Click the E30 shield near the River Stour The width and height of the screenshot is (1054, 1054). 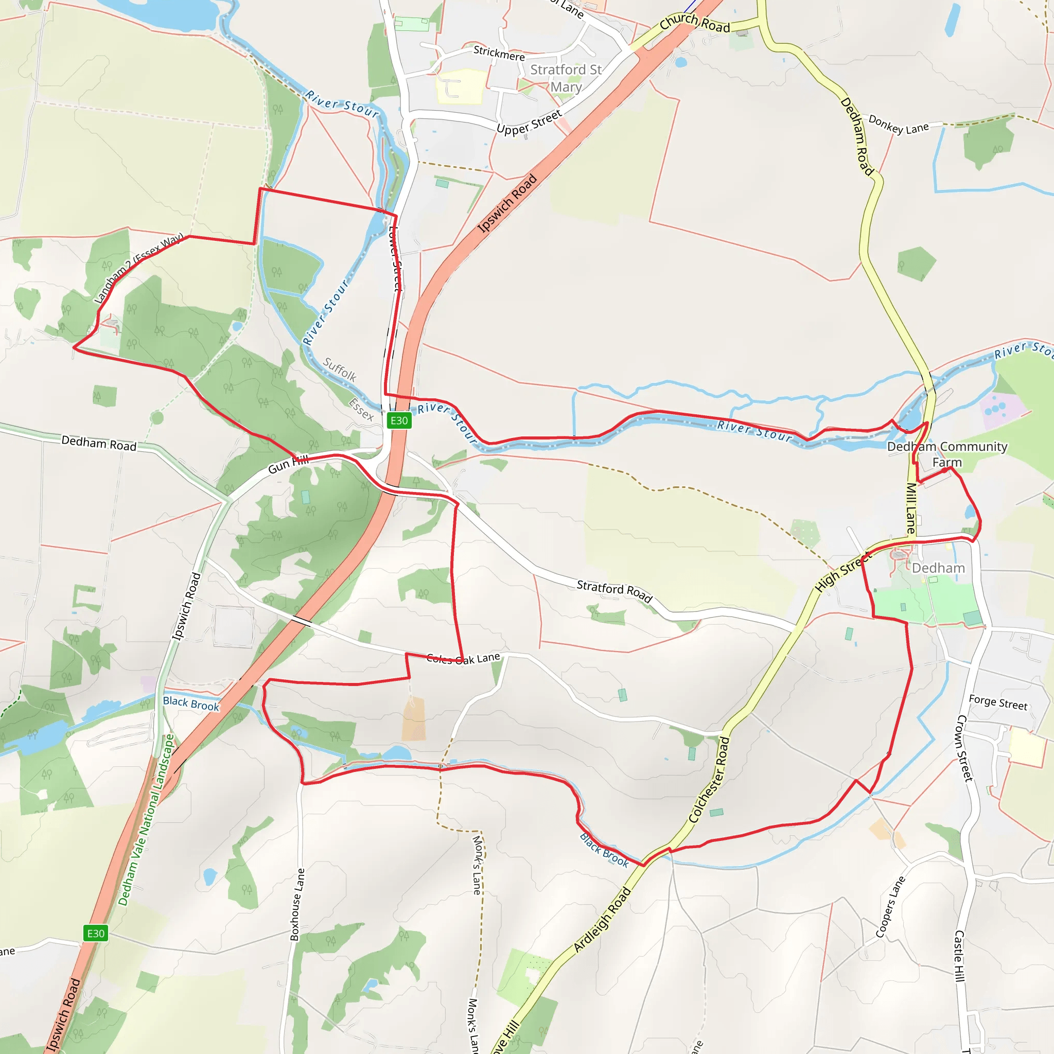(x=399, y=420)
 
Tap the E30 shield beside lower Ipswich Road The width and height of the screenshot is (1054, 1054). (x=96, y=933)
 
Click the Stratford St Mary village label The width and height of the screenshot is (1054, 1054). (x=566, y=78)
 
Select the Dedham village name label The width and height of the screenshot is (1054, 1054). (x=938, y=568)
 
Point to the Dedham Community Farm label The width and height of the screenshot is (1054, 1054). (x=946, y=454)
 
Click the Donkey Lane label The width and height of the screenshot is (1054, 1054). (x=898, y=124)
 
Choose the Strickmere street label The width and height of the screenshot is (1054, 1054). (x=499, y=53)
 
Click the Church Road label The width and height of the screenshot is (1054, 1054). (x=694, y=22)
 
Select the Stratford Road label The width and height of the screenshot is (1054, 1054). (x=614, y=591)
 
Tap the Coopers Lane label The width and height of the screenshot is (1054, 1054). (x=890, y=907)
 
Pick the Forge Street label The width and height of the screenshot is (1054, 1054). (x=998, y=702)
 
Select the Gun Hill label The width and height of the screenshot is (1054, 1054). (x=288, y=464)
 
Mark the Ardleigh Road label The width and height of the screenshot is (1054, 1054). (x=602, y=920)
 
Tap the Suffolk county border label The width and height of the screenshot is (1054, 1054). (x=339, y=370)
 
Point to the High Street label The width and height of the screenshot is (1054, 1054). (x=843, y=572)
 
